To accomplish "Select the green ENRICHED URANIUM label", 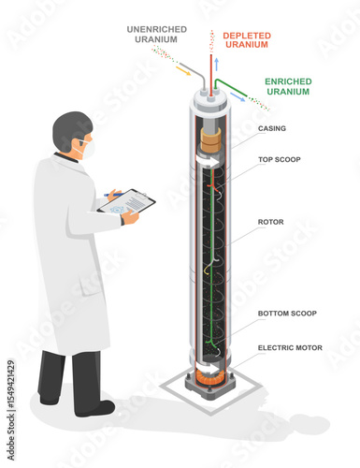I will coord(289,87).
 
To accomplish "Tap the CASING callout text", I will coord(272,128).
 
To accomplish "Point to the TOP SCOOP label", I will coord(279,160).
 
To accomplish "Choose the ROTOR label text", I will coord(270,223).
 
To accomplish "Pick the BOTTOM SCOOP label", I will coord(286,313).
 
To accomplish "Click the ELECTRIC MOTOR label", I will coord(290,347).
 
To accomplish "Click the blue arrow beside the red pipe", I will coord(216,63).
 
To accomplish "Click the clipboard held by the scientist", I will coord(126,200).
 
